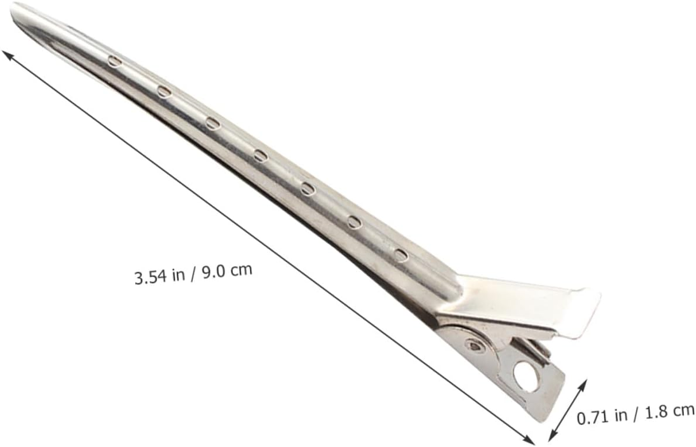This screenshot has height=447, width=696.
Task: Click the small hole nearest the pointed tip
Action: coord(115,61)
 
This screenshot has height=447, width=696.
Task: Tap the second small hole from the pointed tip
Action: coord(165,92)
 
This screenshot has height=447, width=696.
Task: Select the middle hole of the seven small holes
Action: coord(261,155)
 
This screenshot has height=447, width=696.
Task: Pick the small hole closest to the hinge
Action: coord(401,255)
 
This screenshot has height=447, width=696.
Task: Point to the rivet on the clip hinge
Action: coord(475,345)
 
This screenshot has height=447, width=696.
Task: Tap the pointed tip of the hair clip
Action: coord(12,7)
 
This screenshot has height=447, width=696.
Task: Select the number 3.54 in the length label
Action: coord(150,277)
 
